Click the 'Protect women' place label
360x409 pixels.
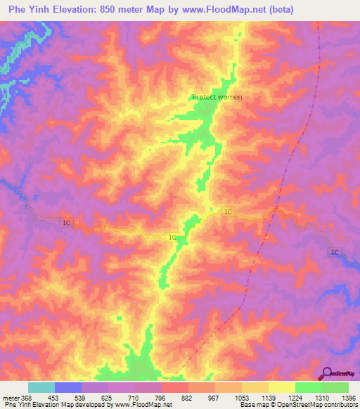[x=217, y=97]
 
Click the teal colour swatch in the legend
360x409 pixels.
[x=41, y=387]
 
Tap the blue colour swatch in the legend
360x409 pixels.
[x=68, y=387]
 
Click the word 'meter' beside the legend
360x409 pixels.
[x=7, y=397]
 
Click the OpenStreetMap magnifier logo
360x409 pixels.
[x=326, y=373]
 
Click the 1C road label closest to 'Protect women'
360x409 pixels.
[x=228, y=212]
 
